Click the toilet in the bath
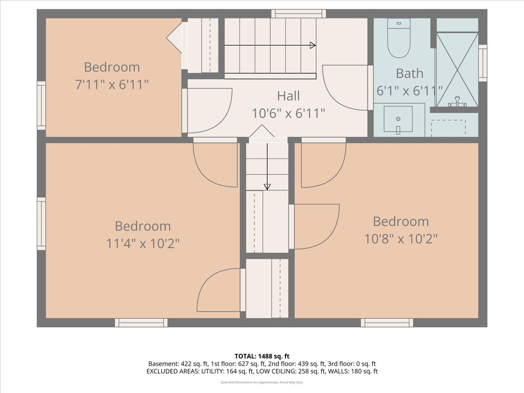tap(399, 38)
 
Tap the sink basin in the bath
tap(398, 119)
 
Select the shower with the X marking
tap(457, 70)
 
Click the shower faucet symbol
tap(457, 102)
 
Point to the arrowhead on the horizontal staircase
tap(313, 45)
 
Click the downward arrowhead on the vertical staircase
tap(267, 187)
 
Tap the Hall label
tap(288, 96)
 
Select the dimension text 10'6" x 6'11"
tap(288, 114)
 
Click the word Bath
tap(410, 73)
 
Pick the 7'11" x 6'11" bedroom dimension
tap(112, 84)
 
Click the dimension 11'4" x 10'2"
tap(143, 244)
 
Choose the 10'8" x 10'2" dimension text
tap(401, 239)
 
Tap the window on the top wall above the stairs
tap(299, 14)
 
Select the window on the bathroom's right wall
tap(483, 63)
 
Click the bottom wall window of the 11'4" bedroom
tap(141, 323)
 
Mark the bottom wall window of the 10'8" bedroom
tap(387, 323)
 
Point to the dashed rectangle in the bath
tap(448, 128)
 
